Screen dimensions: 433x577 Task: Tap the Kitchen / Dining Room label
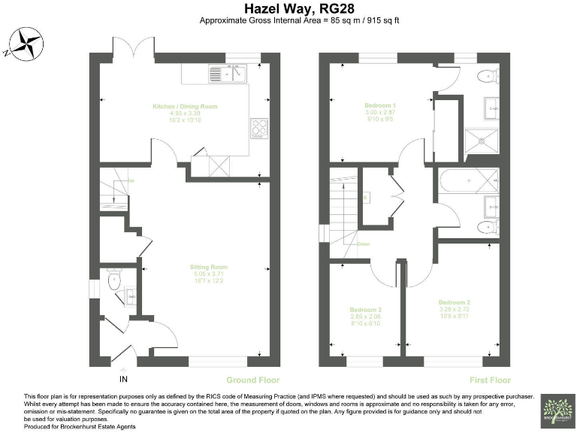pyautogui.click(x=185, y=107)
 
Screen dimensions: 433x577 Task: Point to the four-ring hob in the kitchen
pyautogui.click(x=258, y=129)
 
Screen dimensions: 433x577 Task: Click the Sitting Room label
pyautogui.click(x=209, y=267)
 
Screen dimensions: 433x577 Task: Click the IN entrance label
pyautogui.click(x=123, y=380)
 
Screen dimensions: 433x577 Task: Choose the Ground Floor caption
pyautogui.click(x=252, y=380)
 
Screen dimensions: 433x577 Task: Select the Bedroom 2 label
pyautogui.click(x=455, y=301)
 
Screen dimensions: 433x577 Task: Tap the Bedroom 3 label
pyautogui.click(x=365, y=309)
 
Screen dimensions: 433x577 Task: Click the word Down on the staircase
pyautogui.click(x=363, y=244)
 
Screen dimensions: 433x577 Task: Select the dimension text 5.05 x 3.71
pyautogui.click(x=209, y=274)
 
